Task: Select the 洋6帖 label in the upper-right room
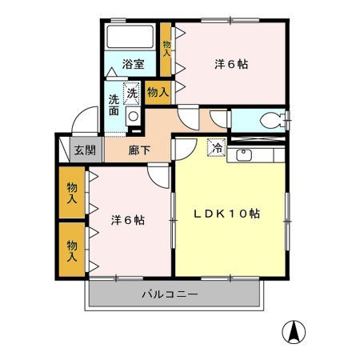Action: coord(230,65)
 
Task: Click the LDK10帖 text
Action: coord(229,214)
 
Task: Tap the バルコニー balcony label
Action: coord(170,294)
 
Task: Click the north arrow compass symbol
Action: coord(293,330)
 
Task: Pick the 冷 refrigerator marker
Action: coord(216,147)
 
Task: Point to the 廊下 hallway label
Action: coord(138,149)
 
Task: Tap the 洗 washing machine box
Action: coord(133,93)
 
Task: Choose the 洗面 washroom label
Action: coord(114,106)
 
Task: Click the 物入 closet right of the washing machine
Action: coord(158,92)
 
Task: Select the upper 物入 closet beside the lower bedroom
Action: coord(73,192)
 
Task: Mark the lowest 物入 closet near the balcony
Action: coord(73,250)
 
